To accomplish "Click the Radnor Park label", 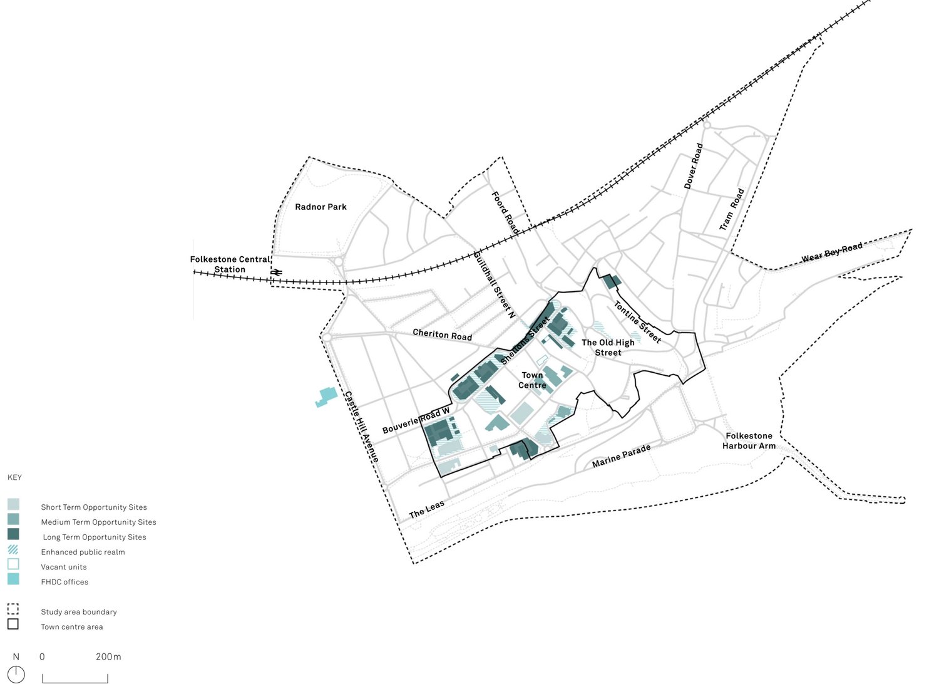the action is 321,207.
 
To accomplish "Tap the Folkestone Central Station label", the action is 230,264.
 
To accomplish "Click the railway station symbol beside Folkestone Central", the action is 277,272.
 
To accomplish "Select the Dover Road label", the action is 693,167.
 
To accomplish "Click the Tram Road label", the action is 732,209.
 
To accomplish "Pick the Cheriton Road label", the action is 443,334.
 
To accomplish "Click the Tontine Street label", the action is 637,322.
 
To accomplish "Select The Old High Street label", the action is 608,348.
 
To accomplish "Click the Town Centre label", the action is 532,380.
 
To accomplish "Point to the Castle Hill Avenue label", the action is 362,427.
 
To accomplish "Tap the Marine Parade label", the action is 622,456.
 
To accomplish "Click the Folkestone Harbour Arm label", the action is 749,441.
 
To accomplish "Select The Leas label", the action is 426,509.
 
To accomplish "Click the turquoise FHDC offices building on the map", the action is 326,396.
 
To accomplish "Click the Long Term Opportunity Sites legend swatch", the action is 13,534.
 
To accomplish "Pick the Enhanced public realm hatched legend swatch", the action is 13,549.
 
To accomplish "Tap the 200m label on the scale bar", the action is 108,657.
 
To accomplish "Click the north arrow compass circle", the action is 16,675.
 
